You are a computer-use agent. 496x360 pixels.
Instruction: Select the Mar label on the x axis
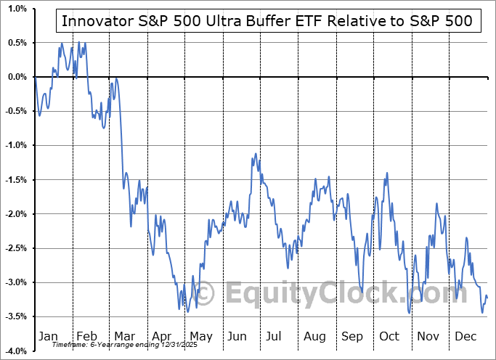point(124,336)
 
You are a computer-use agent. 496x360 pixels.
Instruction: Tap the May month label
point(200,336)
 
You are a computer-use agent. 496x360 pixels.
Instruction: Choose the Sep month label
point(352,336)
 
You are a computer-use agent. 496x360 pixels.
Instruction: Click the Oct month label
point(389,336)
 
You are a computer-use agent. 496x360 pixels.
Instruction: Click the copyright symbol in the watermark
point(206,294)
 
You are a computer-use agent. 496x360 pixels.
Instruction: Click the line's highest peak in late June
point(255,153)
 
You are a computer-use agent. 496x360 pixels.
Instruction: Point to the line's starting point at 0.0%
point(35,77)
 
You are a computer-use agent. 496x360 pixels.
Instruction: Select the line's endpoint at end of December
point(487,298)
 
